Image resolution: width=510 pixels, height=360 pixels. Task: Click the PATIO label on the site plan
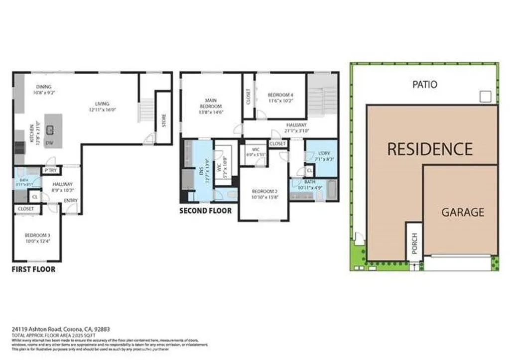pos(425,84)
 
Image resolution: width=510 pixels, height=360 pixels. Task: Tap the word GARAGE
pos(463,212)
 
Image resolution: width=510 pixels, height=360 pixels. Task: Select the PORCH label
pos(414,242)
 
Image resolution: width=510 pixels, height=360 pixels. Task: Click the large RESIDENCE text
pos(430,148)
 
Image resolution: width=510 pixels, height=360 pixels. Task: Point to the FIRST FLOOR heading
pos(34,269)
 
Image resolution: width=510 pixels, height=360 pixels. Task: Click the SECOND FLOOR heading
pos(205,211)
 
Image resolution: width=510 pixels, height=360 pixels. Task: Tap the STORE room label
pos(164,120)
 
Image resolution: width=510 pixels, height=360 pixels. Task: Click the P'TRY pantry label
pos(50,170)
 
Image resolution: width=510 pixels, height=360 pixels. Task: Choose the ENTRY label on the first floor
pos(70,201)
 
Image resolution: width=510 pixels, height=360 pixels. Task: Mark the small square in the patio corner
pos(486,97)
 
